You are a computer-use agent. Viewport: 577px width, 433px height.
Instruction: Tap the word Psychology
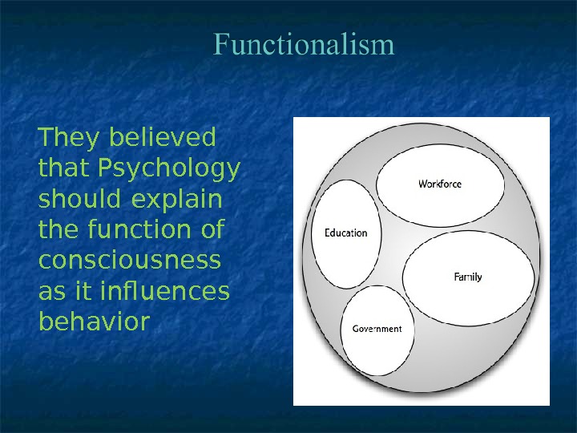169,170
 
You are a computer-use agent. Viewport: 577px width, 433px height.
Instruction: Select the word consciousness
128,261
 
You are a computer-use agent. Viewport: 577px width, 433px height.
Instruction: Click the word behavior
94,322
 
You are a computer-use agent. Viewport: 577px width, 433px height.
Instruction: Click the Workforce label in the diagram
440,184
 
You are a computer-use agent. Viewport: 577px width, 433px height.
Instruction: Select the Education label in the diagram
345,233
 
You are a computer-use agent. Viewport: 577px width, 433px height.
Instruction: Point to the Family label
468,277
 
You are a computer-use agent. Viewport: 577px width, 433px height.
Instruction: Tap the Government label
377,330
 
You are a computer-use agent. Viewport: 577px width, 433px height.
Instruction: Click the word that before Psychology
65,170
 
